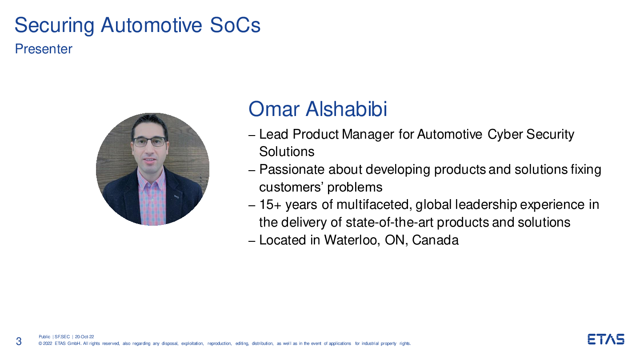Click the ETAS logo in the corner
click(606, 339)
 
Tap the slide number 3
click(19, 341)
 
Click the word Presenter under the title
click(44, 49)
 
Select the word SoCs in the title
click(235, 25)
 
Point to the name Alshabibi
click(346, 109)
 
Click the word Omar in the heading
click(274, 109)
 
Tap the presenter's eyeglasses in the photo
click(150, 142)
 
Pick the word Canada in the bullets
click(435, 240)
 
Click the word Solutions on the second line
click(287, 152)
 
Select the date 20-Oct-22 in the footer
click(84, 337)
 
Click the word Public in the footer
click(44, 337)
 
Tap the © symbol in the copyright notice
click(40, 344)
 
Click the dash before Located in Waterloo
click(252, 241)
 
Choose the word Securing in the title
click(54, 26)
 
